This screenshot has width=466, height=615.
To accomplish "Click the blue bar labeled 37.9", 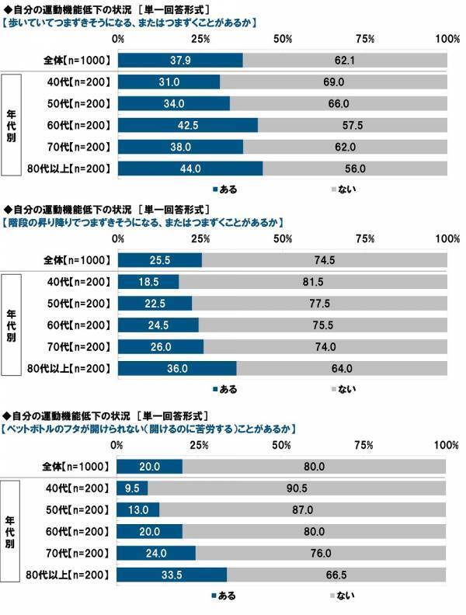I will coord(180,60).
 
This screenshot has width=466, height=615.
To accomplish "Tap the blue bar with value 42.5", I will coord(187,125).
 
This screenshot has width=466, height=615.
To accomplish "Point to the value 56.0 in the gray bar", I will coord(355,169).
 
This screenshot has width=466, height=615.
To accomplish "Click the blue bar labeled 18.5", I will coord(148,282).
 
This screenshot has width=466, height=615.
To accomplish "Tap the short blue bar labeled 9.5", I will coord(132,488).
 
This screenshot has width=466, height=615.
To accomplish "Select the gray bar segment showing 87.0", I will coord(302,509).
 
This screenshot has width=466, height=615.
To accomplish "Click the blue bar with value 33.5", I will coord(172,575).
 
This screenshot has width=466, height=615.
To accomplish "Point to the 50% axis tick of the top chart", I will coord(283,39).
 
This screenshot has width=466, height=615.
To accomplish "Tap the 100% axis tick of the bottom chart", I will coord(446,445).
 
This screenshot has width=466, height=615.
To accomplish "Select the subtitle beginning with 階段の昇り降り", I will coord(140,222).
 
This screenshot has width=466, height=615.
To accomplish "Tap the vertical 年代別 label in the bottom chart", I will coord(11,531).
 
